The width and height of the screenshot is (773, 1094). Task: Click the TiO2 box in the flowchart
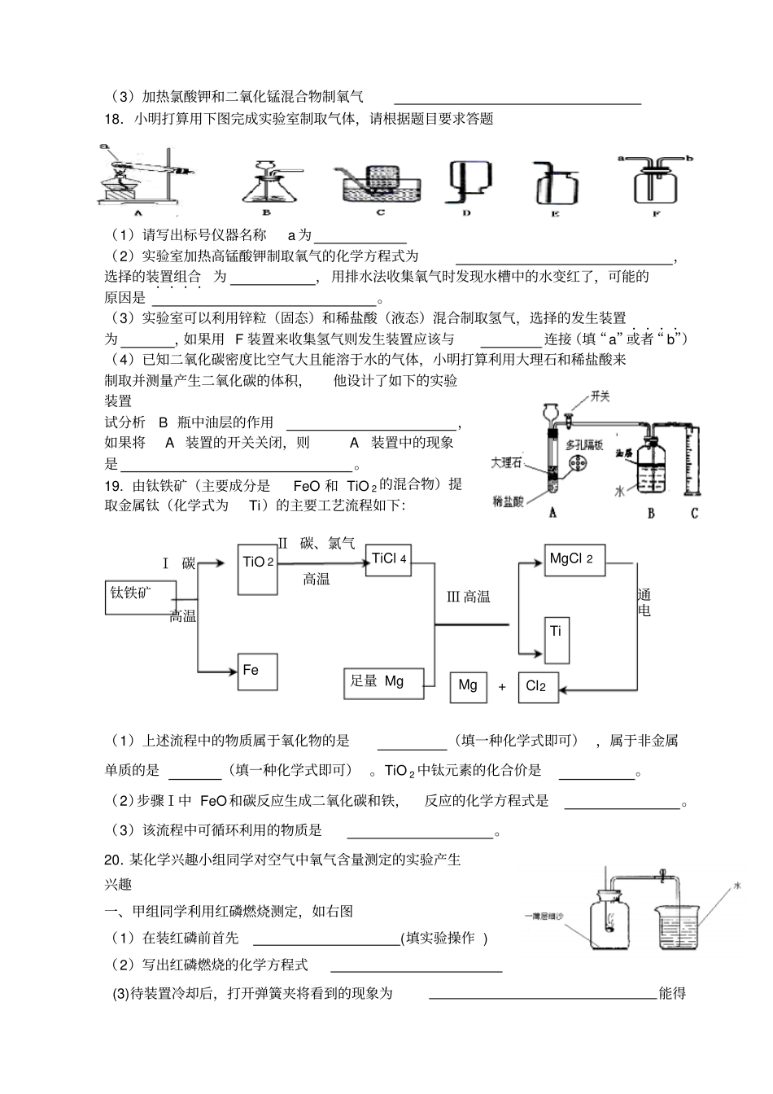(x=258, y=569)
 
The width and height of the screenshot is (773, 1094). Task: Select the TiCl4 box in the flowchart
(x=388, y=559)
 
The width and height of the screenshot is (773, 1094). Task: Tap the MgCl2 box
(x=574, y=560)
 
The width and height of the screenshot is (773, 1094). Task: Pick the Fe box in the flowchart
(x=258, y=672)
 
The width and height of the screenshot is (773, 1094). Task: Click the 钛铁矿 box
(x=140, y=597)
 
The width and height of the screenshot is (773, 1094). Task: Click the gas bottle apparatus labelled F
(x=656, y=181)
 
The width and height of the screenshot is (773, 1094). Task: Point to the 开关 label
(x=600, y=396)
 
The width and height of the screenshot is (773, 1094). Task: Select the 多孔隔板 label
(x=585, y=444)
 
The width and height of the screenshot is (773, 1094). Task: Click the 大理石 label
(x=506, y=462)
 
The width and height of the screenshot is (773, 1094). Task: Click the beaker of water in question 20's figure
(x=675, y=926)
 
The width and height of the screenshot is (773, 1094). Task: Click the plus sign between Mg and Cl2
(x=502, y=688)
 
